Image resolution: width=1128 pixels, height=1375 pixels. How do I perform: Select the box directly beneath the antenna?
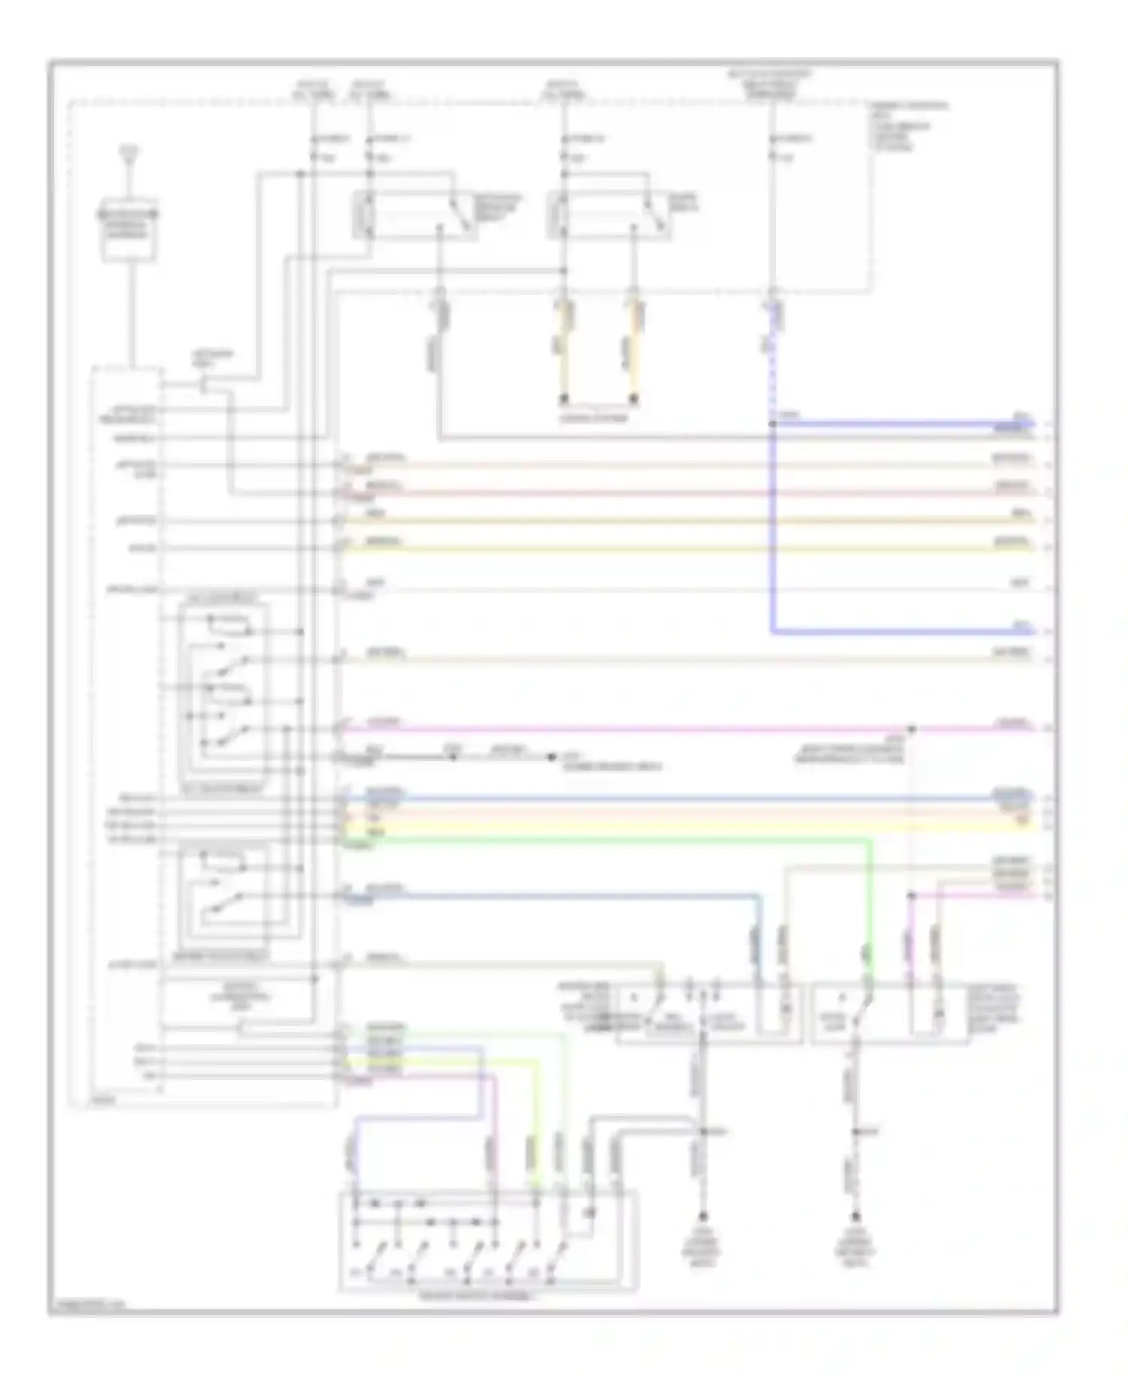129,229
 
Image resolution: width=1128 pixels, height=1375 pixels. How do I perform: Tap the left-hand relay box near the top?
414,216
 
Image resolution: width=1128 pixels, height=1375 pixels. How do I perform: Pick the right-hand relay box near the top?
609,216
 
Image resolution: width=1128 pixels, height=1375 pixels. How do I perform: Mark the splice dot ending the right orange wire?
634,399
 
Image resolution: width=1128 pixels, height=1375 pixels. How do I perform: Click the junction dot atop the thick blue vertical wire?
772,424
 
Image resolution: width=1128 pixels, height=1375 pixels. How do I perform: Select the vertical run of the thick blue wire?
772,527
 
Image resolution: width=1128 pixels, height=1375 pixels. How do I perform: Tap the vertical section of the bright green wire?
871,903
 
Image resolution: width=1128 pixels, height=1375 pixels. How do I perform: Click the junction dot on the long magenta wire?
911,729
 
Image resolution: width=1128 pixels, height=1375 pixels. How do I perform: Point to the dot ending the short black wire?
551,757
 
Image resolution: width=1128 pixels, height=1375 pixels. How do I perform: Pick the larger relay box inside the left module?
223,692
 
